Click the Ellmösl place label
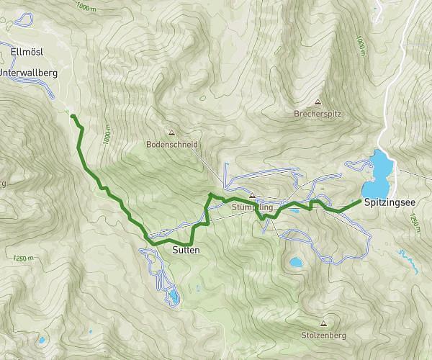pyautogui.click(x=28, y=52)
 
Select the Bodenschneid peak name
pyautogui.click(x=171, y=144)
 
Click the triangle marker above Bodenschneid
pyautogui.click(x=171, y=132)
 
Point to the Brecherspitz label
pyautogui.click(x=317, y=114)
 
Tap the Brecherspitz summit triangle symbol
pyautogui.click(x=318, y=102)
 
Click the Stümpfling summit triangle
pyautogui.click(x=252, y=195)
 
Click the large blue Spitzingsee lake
pyautogui.click(x=380, y=168)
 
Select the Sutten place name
pyautogui.click(x=185, y=251)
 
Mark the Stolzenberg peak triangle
pyautogui.click(x=323, y=323)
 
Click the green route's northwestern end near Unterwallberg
pyautogui.click(x=72, y=115)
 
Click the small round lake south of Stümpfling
pyautogui.click(x=295, y=263)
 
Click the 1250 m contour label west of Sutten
pyautogui.click(x=23, y=258)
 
